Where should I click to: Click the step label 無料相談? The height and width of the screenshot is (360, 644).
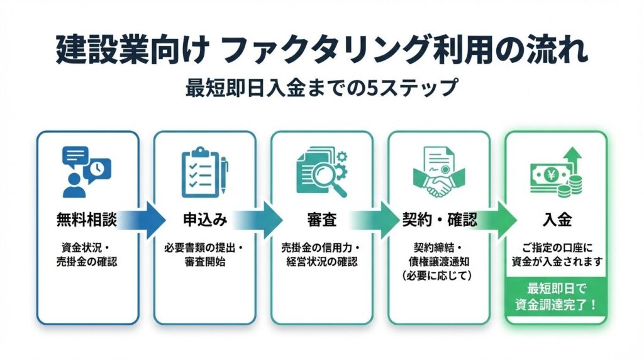[87, 220]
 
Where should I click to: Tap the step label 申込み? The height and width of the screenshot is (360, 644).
[204, 220]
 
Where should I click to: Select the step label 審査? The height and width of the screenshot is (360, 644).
[321, 220]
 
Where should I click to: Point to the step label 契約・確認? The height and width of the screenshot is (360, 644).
[439, 220]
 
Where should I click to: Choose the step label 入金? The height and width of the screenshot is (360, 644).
[556, 220]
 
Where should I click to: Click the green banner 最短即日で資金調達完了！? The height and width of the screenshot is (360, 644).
[556, 296]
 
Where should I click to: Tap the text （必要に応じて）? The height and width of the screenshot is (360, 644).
[439, 276]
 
